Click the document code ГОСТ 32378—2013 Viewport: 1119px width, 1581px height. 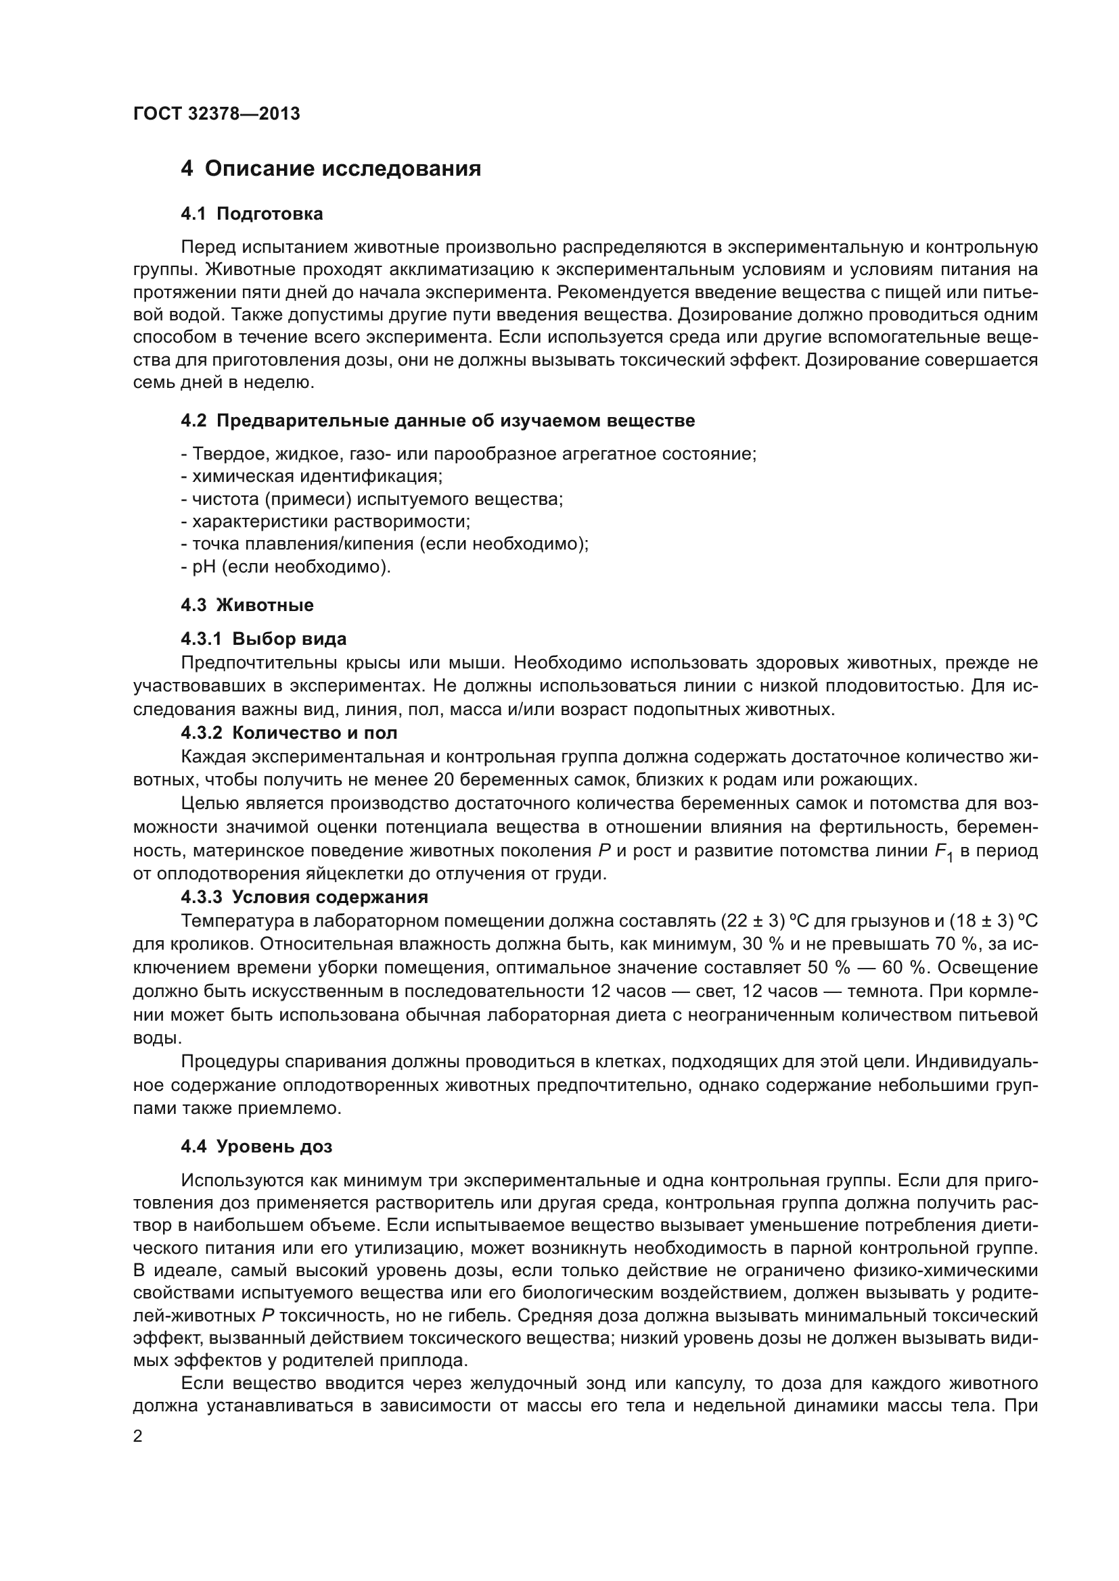tap(216, 114)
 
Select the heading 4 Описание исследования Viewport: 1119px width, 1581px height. tap(331, 169)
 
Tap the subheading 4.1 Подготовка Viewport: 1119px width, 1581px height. tap(252, 214)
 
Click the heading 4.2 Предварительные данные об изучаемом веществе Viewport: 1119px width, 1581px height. tap(438, 420)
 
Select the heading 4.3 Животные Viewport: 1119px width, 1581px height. tap(247, 605)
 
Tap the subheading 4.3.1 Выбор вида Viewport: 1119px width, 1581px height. tap(263, 639)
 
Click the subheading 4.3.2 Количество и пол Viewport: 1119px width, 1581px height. tap(289, 733)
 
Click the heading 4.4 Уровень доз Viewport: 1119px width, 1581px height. tap(256, 1146)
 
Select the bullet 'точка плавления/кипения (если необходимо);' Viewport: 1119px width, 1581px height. tap(389, 544)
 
